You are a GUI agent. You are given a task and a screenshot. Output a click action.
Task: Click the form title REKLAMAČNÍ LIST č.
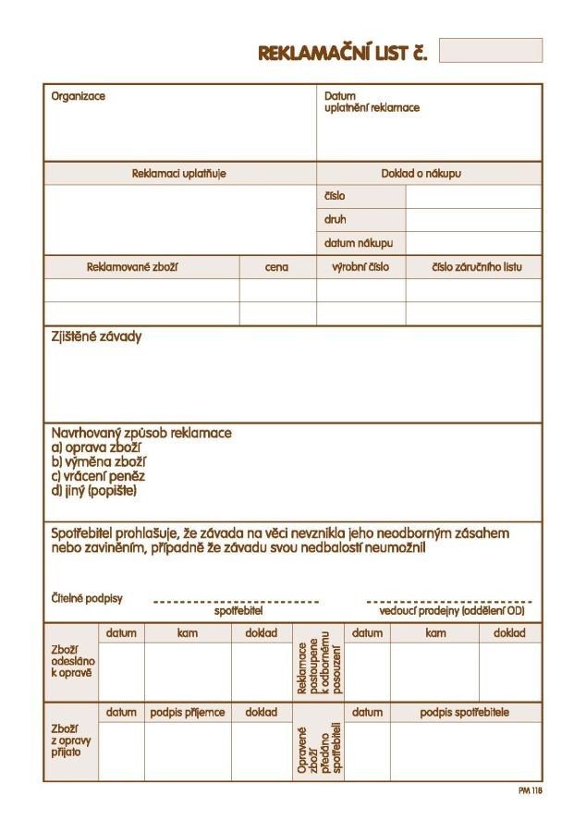[342, 53]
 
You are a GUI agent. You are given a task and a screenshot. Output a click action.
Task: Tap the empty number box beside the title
[490, 50]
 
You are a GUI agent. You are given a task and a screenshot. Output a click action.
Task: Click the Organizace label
[79, 96]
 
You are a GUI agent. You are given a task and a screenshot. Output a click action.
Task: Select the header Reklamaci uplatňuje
[179, 173]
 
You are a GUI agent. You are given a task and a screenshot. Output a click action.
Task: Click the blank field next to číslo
[473, 197]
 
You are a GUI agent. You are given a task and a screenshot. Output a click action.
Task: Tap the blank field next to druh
[473, 220]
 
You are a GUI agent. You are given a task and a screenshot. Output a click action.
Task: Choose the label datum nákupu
[359, 244]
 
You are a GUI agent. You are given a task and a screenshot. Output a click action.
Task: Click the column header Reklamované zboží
[132, 267]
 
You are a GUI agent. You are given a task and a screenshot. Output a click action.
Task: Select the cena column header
[276, 267]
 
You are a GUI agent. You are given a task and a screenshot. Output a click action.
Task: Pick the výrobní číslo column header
[360, 267]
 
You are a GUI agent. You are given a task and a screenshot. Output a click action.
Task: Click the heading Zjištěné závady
[96, 337]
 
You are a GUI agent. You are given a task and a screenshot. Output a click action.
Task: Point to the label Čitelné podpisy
[87, 598]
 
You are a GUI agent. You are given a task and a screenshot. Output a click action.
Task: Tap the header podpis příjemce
[188, 713]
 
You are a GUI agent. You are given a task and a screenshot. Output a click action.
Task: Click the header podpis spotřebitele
[464, 713]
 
